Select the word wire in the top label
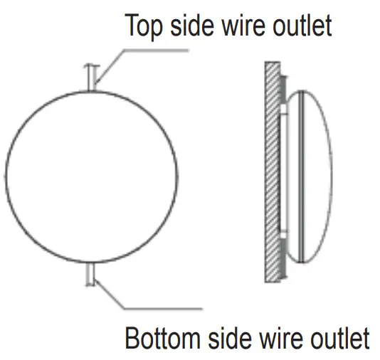tap(238, 26)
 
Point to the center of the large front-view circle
tap(90, 176)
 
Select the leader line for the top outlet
tap(142, 51)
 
